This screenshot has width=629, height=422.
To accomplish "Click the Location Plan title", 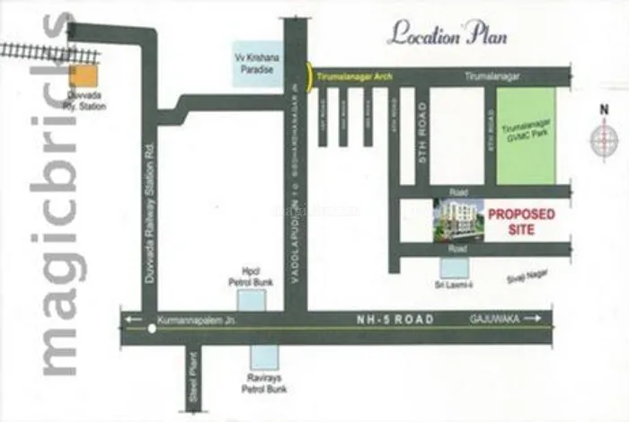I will pyautogui.click(x=447, y=35).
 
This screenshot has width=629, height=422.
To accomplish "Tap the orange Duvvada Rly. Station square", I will pyautogui.click(x=84, y=77).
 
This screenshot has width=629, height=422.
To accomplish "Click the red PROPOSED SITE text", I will pyautogui.click(x=521, y=222).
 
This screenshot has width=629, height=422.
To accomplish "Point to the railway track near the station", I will pyautogui.click(x=36, y=50).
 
